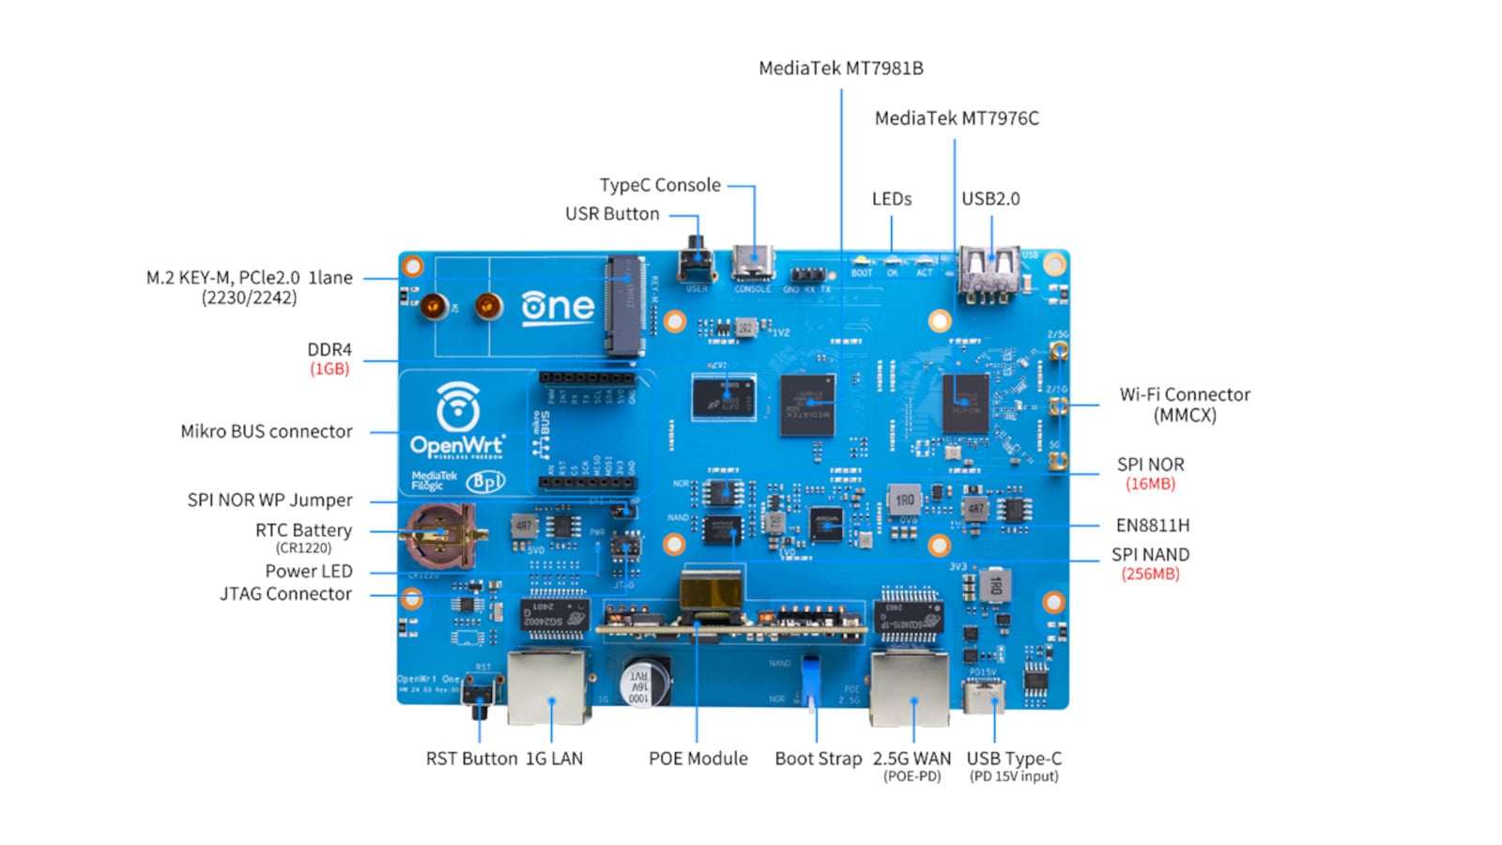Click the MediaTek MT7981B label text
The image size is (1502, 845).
click(x=840, y=69)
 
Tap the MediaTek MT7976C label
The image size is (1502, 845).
click(x=956, y=118)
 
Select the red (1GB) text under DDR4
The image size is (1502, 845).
click(x=330, y=369)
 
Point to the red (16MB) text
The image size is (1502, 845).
click(x=1150, y=484)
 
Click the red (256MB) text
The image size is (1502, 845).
click(x=1150, y=574)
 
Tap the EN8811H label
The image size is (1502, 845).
click(x=1152, y=525)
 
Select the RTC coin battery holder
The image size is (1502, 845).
click(x=442, y=536)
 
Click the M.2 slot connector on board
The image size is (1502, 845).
click(x=624, y=305)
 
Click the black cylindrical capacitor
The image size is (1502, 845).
click(x=644, y=683)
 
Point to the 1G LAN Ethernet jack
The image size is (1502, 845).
click(x=548, y=687)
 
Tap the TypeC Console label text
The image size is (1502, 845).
click(x=660, y=185)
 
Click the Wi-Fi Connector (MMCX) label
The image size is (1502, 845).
click(x=1184, y=405)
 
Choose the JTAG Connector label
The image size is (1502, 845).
click(x=285, y=593)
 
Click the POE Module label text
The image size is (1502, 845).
click(x=697, y=759)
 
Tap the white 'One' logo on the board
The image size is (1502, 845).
click(x=558, y=306)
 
